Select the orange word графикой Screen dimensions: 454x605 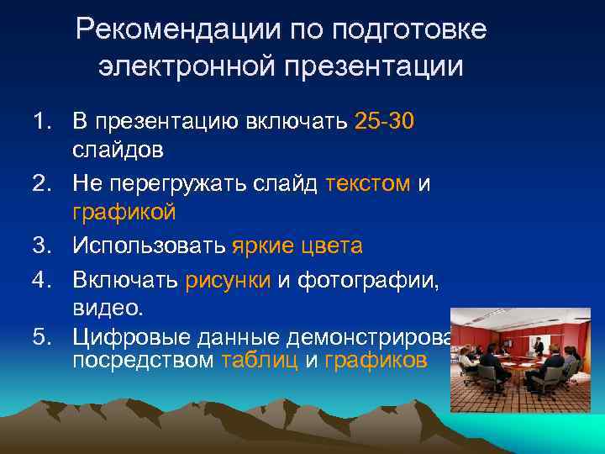(x=124, y=214)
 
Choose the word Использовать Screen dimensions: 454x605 (x=149, y=245)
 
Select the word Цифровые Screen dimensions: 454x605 (x=134, y=338)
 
